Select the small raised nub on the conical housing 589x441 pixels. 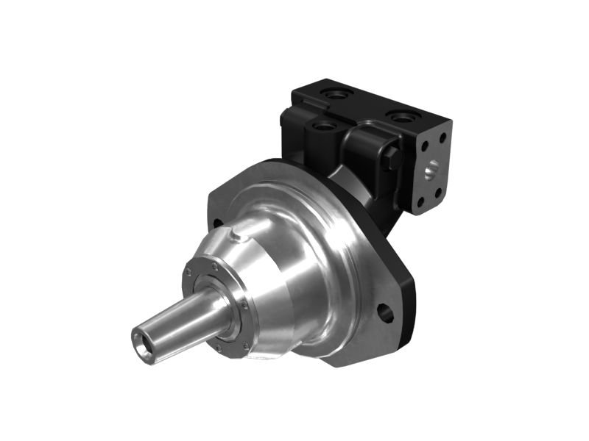(x=234, y=237)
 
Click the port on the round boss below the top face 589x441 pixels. (x=323, y=126)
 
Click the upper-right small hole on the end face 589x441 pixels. (x=443, y=137)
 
